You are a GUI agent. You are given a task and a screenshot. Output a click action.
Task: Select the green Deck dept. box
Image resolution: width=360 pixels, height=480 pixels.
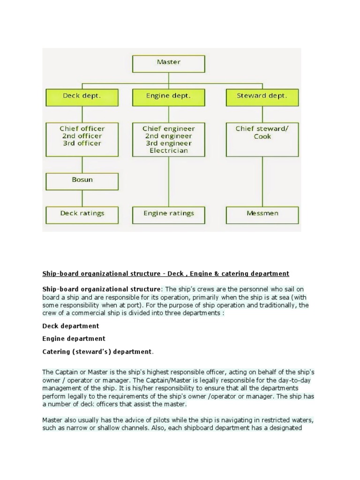82,97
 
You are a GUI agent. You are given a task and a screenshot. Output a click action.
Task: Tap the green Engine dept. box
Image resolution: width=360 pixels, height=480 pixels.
169,97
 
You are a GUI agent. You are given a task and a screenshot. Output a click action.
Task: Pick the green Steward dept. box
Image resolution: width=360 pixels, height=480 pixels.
262,97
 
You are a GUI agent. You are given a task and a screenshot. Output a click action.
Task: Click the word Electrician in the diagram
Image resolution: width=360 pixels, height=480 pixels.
169,151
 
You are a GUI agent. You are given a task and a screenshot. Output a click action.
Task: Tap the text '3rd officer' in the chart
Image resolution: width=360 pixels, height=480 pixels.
82,143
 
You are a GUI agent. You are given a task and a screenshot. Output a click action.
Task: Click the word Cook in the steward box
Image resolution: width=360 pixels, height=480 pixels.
262,136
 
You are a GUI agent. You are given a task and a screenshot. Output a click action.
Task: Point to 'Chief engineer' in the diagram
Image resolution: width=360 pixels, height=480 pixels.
169,128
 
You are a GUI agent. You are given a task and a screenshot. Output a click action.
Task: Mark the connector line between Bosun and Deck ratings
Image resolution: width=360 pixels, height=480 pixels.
82,197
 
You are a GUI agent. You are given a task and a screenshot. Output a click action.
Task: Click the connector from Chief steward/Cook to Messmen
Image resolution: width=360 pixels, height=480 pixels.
262,181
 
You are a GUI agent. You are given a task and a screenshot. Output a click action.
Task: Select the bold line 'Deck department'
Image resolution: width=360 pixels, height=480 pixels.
70,326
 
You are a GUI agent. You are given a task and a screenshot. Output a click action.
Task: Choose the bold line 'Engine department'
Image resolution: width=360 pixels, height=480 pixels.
74,338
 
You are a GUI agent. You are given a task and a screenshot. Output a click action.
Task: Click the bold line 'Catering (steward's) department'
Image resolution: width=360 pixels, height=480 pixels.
97,351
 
